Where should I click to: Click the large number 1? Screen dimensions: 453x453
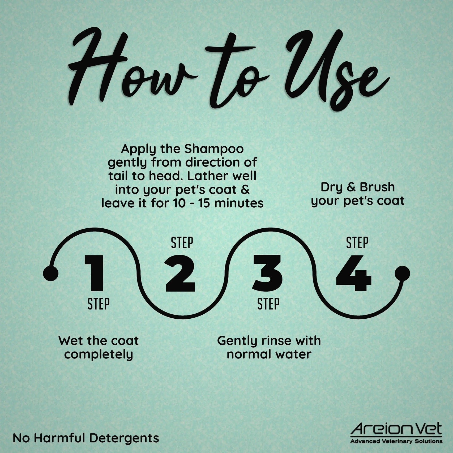coord(94,273)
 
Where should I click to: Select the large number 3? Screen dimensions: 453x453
coord(267,273)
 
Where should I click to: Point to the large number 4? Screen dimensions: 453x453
coord(353,273)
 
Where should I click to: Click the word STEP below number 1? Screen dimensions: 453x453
coord(99,304)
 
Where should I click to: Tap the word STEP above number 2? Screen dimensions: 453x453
coord(182,243)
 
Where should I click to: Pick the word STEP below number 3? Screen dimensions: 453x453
coord(268,304)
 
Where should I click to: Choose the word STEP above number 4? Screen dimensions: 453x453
coord(357,243)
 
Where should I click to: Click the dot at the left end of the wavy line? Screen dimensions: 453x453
coord(51,273)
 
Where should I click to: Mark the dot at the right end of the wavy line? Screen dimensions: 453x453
coord(402,273)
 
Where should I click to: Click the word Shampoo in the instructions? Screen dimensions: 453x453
coord(214,149)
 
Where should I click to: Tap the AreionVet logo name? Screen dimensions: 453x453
coord(396,429)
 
